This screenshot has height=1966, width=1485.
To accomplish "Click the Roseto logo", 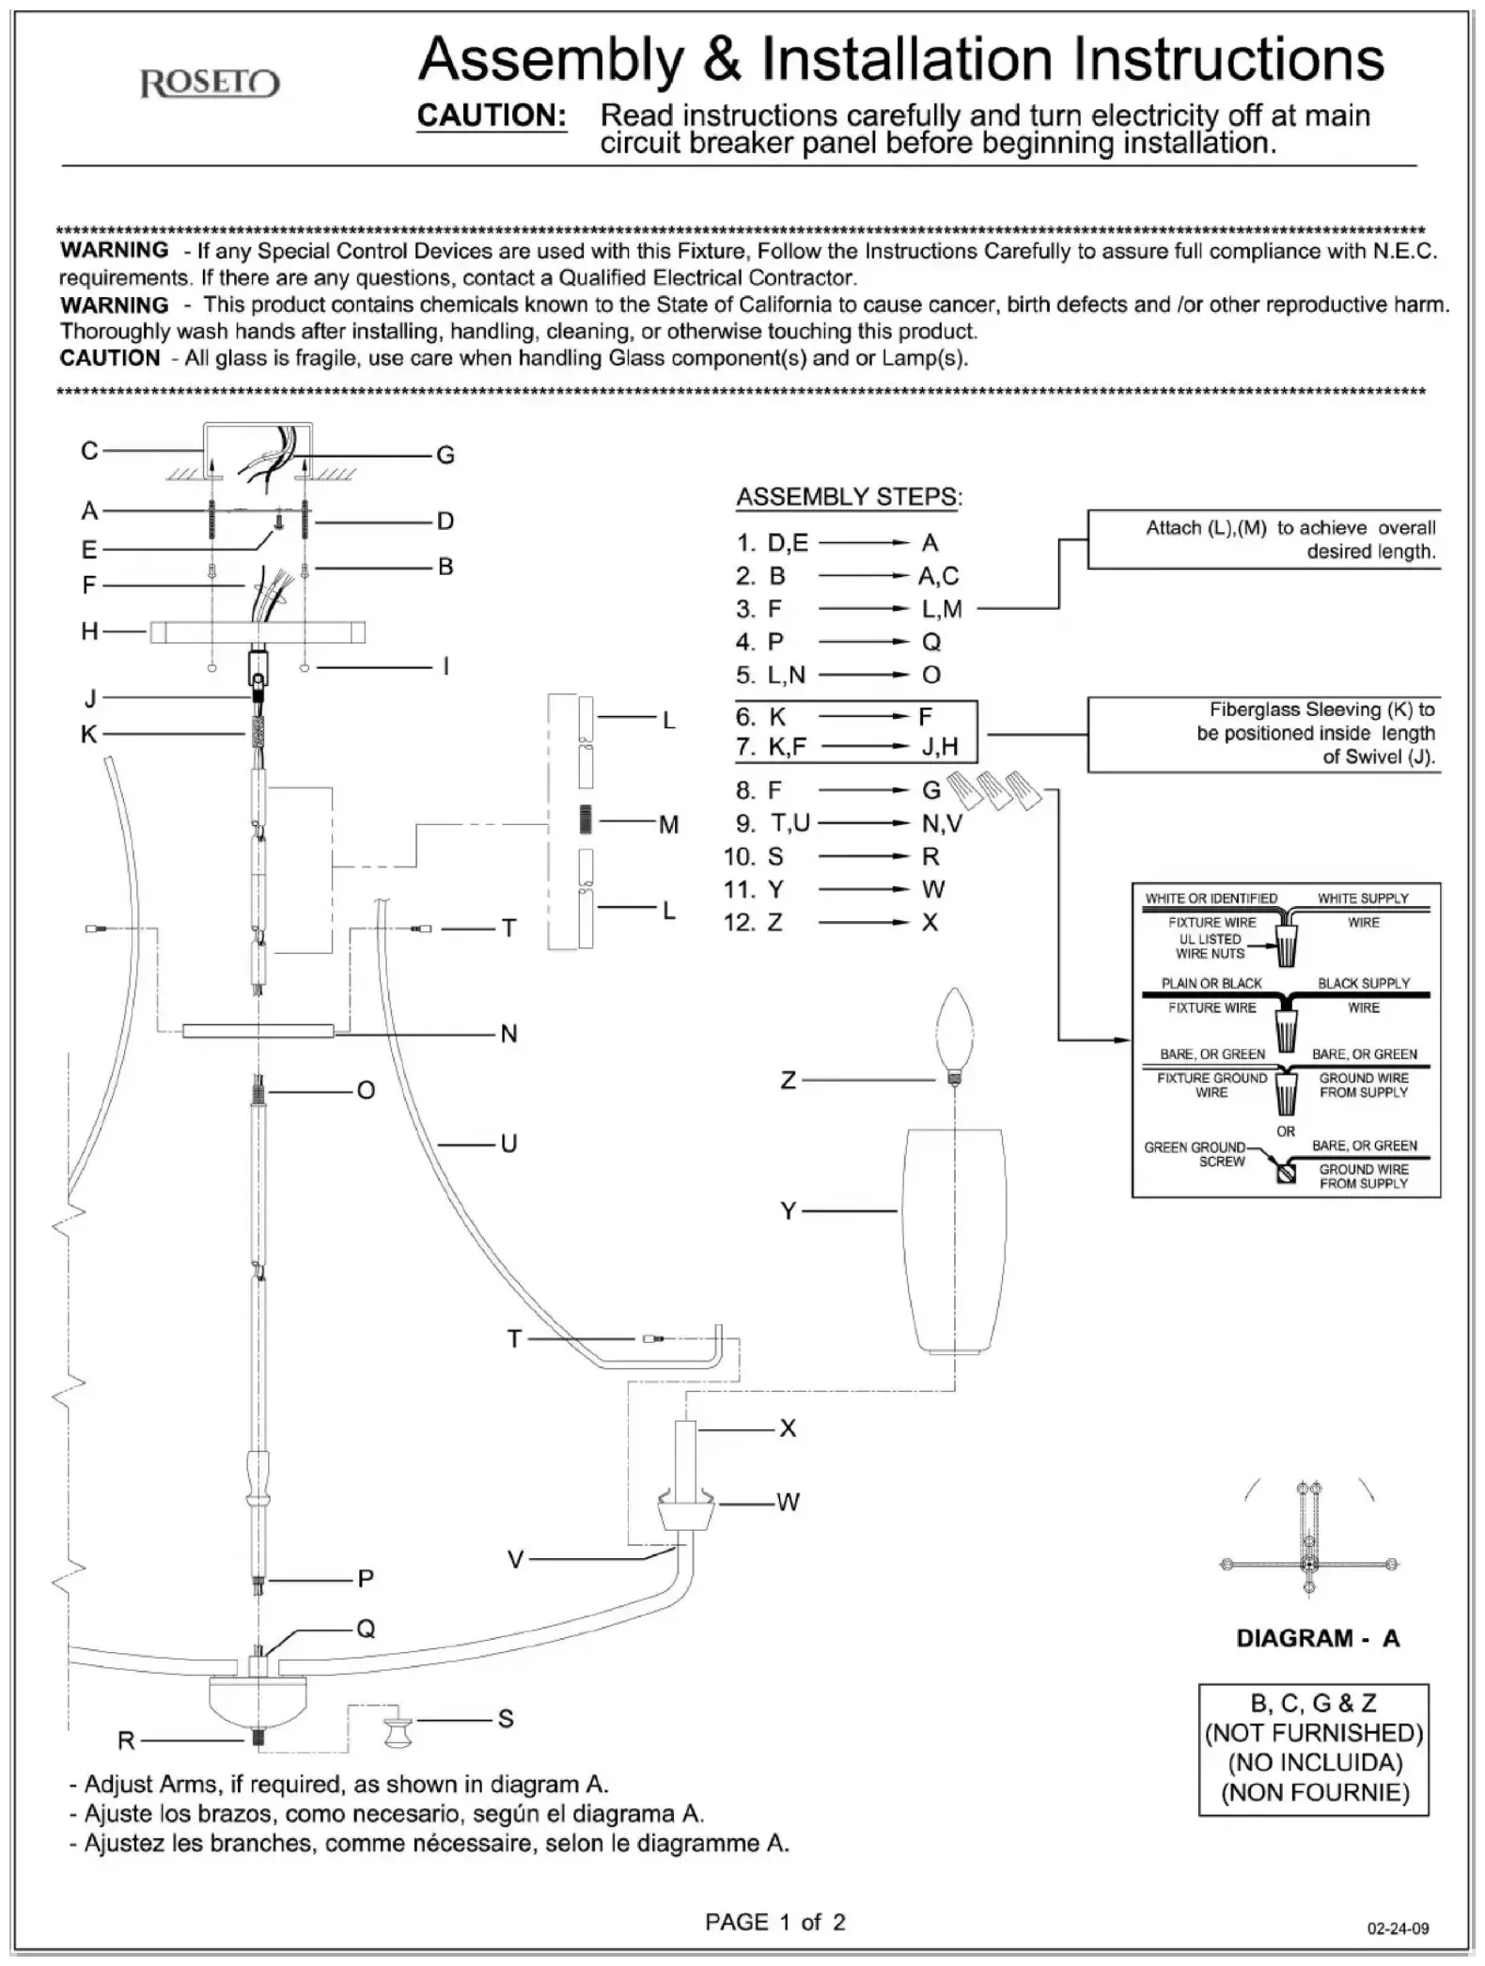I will click(210, 85).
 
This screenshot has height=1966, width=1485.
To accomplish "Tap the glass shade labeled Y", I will click(953, 1240).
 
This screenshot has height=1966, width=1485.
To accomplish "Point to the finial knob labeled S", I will click(398, 1730).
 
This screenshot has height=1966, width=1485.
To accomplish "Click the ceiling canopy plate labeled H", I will click(258, 632).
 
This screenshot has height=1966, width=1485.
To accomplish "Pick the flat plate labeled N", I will click(258, 1031).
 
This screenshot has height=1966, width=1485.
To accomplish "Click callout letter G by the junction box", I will click(445, 456).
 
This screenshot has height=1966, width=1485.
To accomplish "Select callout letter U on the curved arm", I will click(508, 1144).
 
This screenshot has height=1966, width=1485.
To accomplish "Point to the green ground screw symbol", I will click(1285, 1173).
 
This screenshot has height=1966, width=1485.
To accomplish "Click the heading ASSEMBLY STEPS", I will click(849, 497).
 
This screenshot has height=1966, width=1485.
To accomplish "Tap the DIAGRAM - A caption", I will click(1318, 1638).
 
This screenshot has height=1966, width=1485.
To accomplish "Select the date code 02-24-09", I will click(1398, 1928).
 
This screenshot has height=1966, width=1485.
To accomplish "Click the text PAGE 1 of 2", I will click(775, 1923).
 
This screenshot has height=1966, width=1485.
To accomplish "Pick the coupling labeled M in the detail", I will click(586, 820).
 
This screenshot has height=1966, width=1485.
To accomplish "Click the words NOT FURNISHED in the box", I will click(1314, 1733).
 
